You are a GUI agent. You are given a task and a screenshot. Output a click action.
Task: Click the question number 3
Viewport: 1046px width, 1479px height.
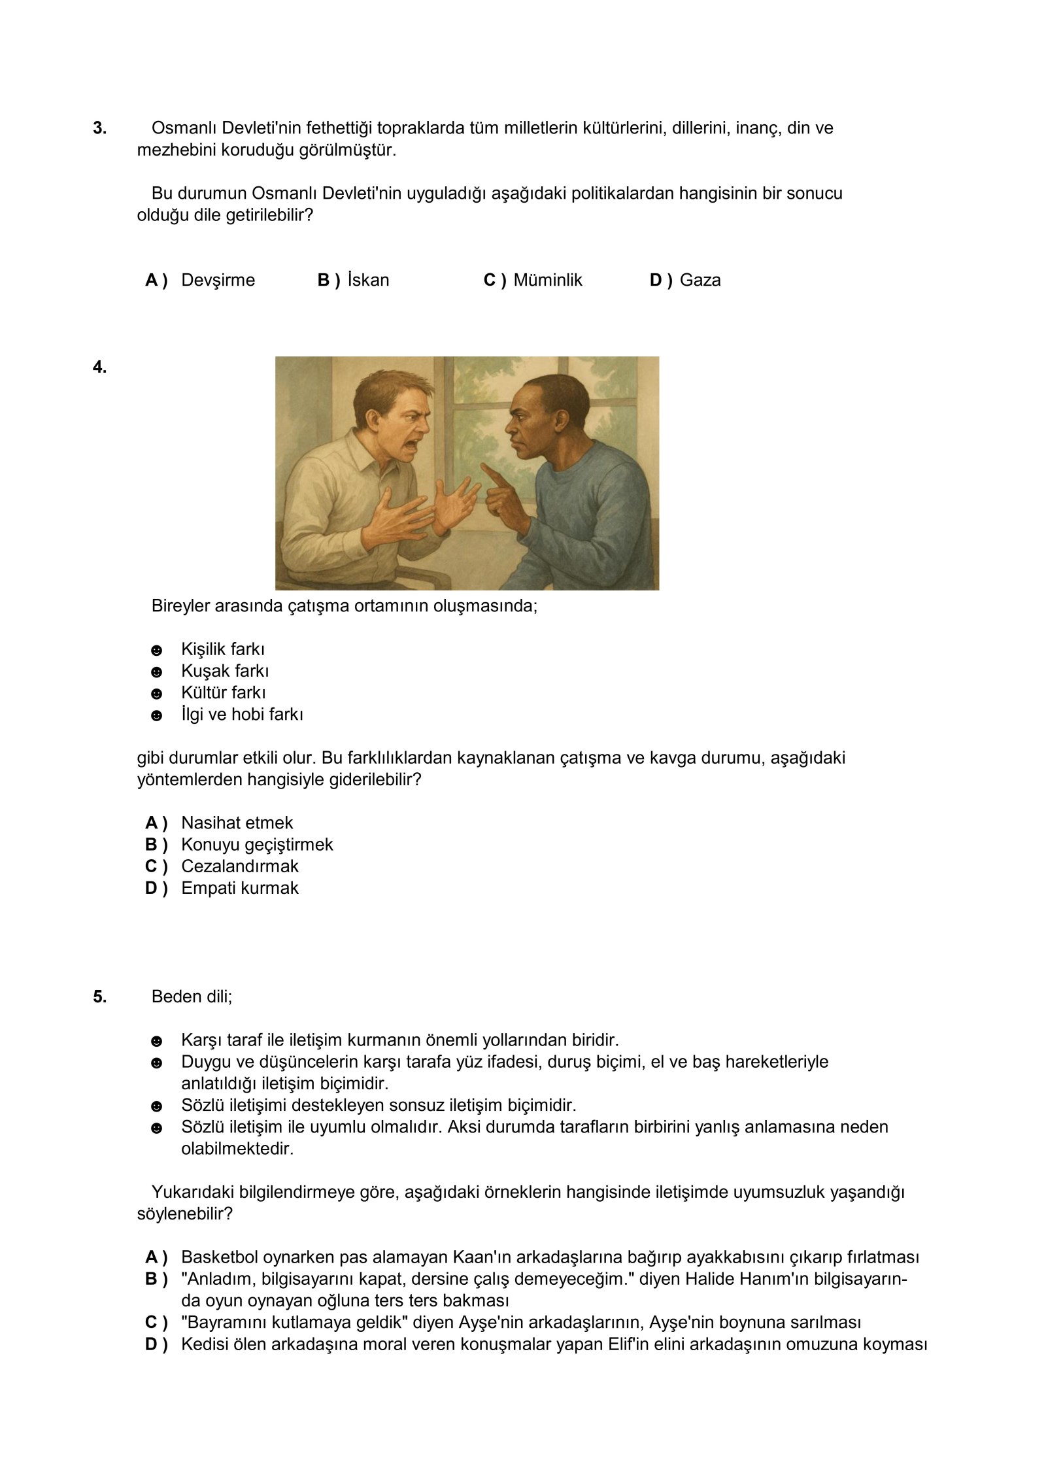pos(99,128)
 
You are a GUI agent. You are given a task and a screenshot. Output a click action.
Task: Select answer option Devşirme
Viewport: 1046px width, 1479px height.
pos(218,280)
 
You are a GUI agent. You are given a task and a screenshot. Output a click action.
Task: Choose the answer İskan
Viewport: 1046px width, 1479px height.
pos(368,280)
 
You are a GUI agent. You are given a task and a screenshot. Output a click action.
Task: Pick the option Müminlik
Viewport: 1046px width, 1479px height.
pos(547,280)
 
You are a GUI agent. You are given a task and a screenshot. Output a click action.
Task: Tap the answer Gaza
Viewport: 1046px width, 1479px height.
pos(700,280)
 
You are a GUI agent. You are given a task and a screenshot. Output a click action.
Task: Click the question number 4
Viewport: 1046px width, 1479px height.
pos(99,367)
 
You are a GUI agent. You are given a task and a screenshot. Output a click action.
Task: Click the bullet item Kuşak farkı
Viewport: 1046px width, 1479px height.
pos(225,671)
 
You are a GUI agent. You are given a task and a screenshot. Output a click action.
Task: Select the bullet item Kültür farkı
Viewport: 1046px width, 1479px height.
pos(223,692)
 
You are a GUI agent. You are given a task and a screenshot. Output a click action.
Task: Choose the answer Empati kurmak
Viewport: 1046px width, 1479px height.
pos(239,888)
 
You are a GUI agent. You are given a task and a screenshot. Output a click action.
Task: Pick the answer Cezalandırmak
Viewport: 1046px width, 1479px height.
pos(239,866)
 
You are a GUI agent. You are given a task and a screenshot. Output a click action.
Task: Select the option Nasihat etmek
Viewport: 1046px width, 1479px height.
pos(237,823)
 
